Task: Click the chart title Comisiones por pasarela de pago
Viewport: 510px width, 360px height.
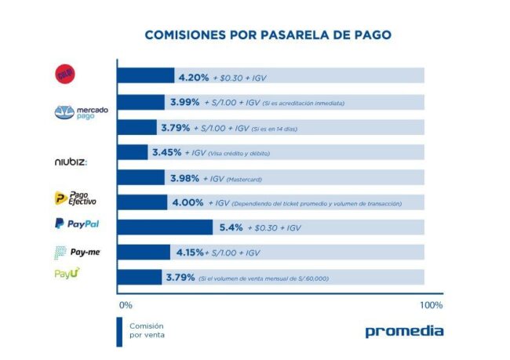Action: click(x=268, y=35)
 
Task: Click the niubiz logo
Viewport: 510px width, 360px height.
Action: click(x=72, y=162)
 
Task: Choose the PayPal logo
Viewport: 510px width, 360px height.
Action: click(x=77, y=224)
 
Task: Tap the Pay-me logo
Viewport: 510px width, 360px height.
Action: click(x=77, y=252)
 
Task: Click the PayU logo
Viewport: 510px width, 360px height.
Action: click(x=67, y=274)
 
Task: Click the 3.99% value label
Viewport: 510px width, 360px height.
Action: click(x=184, y=102)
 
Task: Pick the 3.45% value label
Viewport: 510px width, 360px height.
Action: click(x=166, y=152)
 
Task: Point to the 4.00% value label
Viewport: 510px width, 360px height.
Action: click(x=189, y=202)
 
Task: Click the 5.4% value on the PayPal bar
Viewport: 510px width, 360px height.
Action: click(x=228, y=227)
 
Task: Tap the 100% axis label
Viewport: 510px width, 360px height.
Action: click(x=431, y=304)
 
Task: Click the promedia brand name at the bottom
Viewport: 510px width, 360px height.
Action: click(x=404, y=331)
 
